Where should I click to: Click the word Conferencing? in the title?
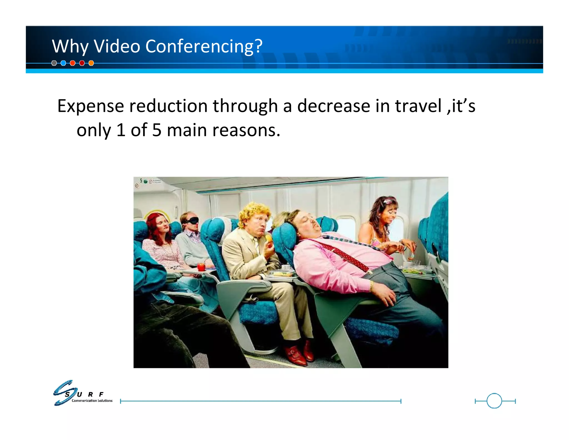click(x=204, y=46)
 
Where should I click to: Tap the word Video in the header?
click(x=117, y=46)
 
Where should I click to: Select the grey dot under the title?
click(x=54, y=63)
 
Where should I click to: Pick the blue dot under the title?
click(x=63, y=63)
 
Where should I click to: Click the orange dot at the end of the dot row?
click(x=91, y=63)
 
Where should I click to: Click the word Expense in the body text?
click(x=91, y=106)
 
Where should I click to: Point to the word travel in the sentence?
click(x=418, y=106)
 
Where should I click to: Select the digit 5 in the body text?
click(x=157, y=130)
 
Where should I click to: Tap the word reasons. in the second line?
click(x=246, y=131)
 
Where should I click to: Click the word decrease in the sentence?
click(x=333, y=106)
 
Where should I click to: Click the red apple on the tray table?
click(x=201, y=267)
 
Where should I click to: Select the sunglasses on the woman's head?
click(x=389, y=200)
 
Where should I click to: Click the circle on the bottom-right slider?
click(x=494, y=401)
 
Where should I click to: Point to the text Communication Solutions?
click(x=92, y=401)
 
